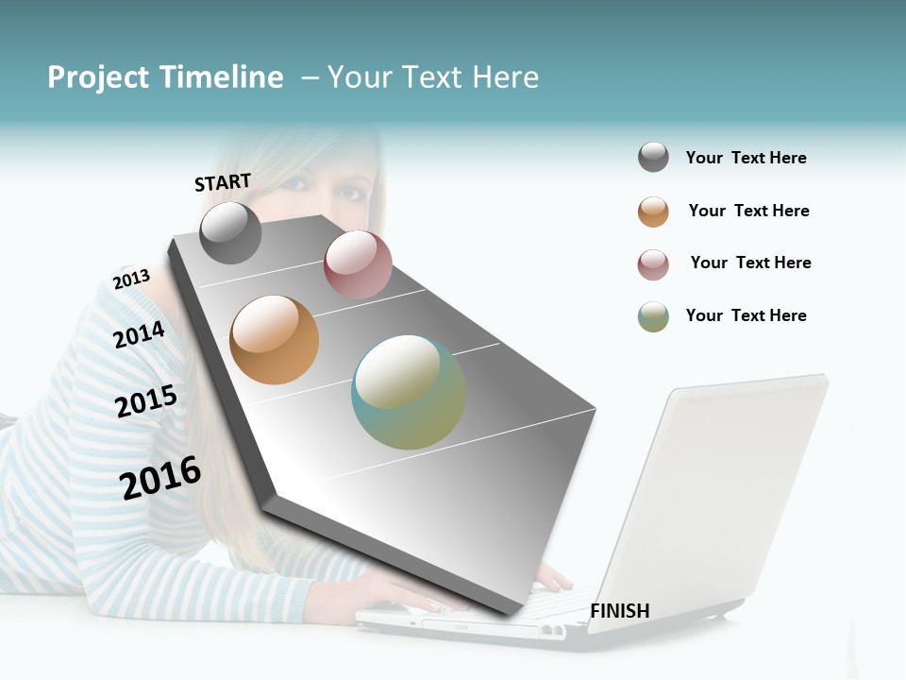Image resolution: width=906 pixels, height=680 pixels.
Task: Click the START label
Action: (223, 182)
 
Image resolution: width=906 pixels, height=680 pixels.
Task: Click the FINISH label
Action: (619, 611)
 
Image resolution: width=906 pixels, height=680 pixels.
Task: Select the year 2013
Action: (131, 280)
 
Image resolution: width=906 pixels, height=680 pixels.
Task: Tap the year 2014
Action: (139, 334)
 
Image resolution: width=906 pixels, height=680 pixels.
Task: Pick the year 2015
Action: (145, 401)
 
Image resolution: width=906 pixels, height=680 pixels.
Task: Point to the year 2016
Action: (160, 478)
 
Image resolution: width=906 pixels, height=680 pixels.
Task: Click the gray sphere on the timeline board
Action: (230, 233)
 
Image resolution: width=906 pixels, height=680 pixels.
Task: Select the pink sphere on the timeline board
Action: (358, 264)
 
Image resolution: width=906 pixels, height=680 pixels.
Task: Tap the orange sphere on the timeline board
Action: (275, 340)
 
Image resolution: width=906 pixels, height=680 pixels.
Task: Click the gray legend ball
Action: (653, 158)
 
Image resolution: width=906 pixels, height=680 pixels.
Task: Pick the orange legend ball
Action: (653, 212)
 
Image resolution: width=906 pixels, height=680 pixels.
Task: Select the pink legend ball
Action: (653, 264)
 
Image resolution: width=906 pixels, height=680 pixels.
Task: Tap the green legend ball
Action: (653, 316)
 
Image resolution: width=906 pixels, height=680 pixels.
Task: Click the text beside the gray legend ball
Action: (746, 158)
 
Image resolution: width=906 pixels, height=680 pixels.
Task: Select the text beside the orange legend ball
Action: (748, 211)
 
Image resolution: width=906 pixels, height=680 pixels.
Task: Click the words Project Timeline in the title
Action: (165, 77)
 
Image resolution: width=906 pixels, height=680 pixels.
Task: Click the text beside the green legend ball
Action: (746, 315)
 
